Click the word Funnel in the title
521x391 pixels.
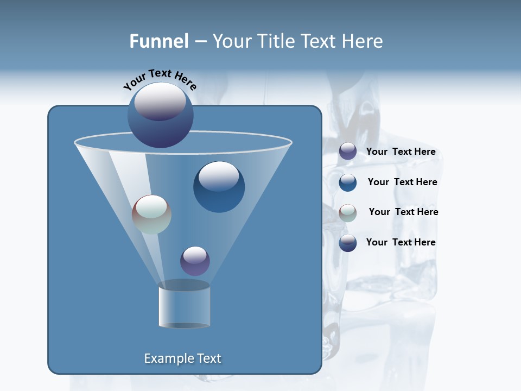158,41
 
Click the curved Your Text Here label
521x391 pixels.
160,79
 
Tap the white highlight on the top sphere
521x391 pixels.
160,101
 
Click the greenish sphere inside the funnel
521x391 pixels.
151,215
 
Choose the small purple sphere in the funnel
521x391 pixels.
195,261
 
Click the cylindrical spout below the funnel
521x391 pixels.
184,305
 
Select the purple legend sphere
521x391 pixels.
348,152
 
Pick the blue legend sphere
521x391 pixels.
348,182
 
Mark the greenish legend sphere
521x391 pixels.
348,213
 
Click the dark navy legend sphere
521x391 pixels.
348,243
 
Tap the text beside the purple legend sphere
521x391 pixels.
401,152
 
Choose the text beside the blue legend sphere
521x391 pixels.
402,182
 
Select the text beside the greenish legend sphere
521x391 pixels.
403,212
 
